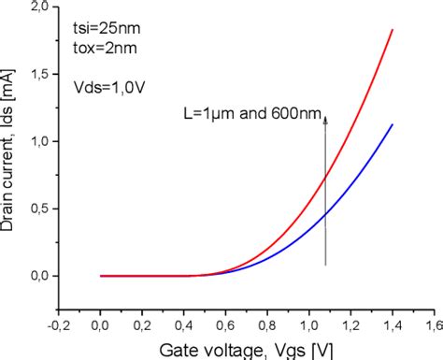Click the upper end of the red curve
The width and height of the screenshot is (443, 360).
pyautogui.click(x=393, y=30)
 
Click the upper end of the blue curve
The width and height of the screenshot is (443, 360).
pyautogui.click(x=393, y=124)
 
